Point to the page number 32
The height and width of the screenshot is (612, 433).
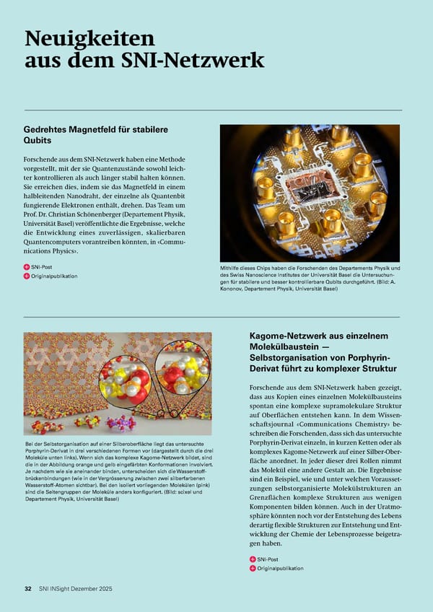27,589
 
